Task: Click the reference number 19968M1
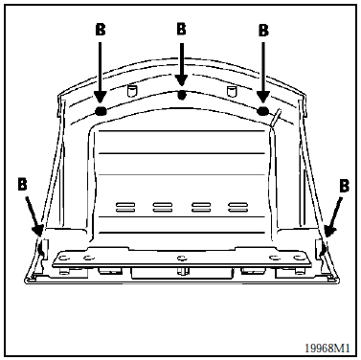(327, 348)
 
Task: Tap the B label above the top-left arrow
(101, 30)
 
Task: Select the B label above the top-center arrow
(181, 29)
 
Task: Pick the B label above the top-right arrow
(263, 31)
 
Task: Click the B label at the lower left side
(22, 185)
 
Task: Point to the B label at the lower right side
(344, 186)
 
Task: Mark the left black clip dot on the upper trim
(101, 110)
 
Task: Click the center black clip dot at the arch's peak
(182, 95)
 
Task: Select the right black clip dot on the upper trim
(263, 110)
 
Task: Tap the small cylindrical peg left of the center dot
(131, 90)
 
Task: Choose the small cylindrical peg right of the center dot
(232, 90)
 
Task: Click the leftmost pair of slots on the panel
(125, 207)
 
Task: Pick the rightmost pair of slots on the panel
(238, 207)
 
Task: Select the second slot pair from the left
(163, 207)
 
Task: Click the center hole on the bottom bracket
(182, 258)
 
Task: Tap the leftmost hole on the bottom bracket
(62, 257)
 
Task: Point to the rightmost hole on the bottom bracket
(298, 257)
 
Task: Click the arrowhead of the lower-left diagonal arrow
(38, 231)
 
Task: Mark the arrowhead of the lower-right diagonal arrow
(328, 231)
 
